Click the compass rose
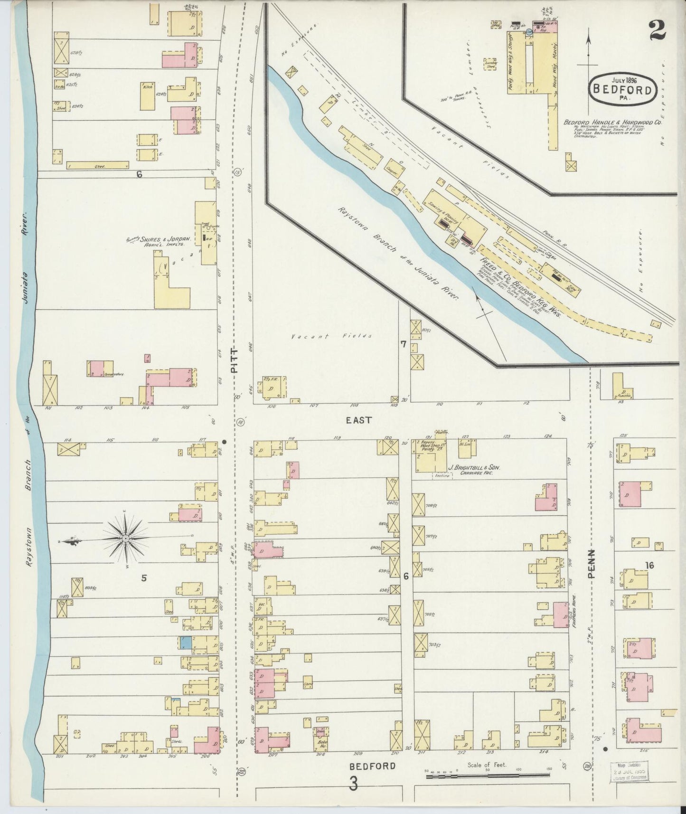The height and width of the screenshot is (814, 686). click(125, 539)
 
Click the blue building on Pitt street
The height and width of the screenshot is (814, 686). click(186, 643)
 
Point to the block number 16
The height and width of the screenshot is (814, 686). click(649, 565)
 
